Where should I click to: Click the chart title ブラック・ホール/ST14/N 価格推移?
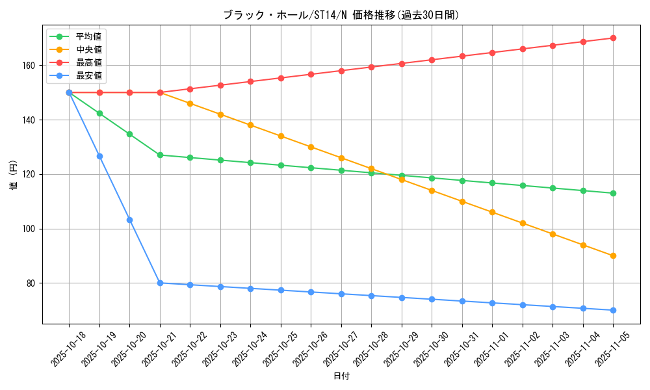[341, 15]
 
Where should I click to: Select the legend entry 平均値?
[88, 36]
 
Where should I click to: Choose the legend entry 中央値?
[88, 49]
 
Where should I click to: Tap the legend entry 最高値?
[88, 62]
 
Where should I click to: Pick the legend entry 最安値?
[88, 75]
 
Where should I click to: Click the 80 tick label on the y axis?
[32, 283]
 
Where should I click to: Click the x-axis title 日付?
[341, 376]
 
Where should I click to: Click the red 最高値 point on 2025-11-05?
[613, 38]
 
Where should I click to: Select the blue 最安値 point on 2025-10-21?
[160, 283]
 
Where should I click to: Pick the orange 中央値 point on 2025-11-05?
[613, 255]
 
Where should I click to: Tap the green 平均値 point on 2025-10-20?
[129, 134]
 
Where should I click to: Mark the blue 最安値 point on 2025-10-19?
[99, 156]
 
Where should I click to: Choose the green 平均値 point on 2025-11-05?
[613, 193]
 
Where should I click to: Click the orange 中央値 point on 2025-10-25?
[281, 136]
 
